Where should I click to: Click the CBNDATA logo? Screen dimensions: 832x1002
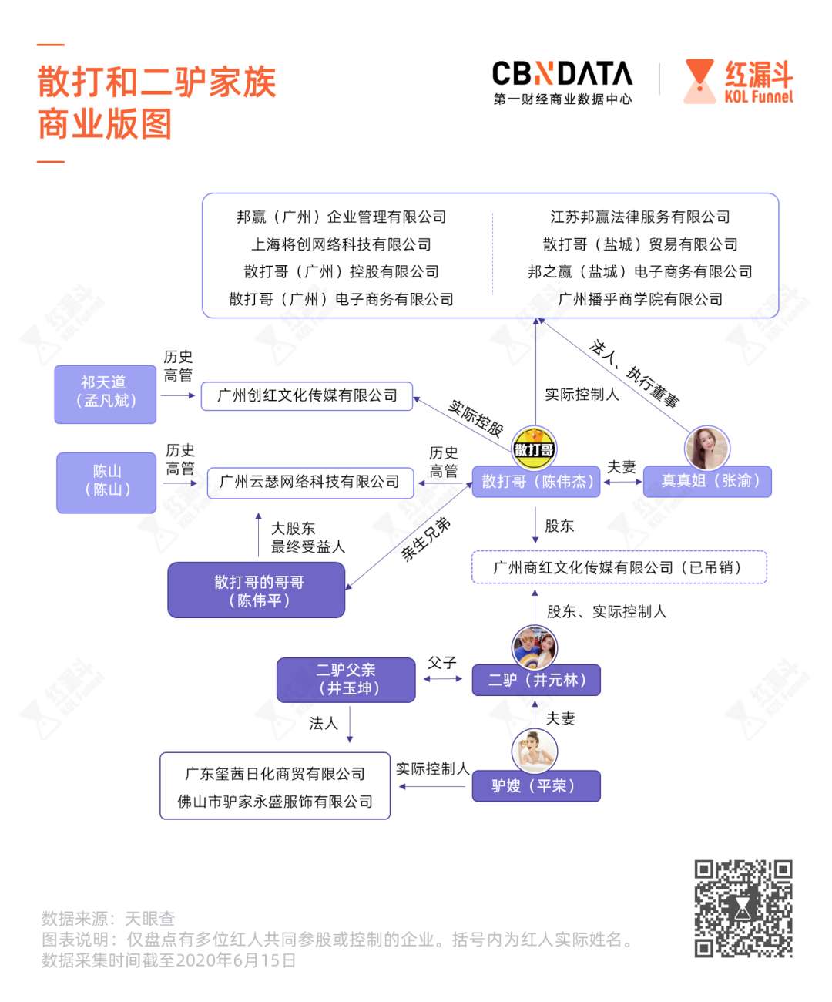click(562, 82)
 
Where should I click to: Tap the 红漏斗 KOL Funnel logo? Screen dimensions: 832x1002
click(739, 82)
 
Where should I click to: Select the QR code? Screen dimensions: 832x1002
click(743, 909)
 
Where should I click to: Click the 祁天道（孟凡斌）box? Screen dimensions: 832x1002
click(106, 394)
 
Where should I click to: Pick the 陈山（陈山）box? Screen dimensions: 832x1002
click(106, 483)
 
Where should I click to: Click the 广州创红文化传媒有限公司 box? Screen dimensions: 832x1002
click(307, 396)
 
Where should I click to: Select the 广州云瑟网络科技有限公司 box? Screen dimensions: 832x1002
click(310, 483)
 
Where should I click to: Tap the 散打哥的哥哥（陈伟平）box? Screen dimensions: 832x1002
click(257, 590)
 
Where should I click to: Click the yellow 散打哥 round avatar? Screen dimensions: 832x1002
click(534, 449)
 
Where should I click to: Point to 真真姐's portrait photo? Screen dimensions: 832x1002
click(706, 448)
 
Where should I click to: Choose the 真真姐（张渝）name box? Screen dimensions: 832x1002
click(707, 481)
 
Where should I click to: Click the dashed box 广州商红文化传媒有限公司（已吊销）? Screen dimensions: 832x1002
click(619, 567)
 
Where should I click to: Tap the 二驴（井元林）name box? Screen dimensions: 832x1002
click(536, 680)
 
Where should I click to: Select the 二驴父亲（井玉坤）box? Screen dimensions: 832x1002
click(346, 680)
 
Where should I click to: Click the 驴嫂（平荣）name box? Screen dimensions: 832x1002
click(536, 786)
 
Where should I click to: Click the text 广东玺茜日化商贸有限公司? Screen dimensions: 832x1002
click(275, 774)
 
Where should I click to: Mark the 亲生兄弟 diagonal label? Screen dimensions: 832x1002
click(425, 539)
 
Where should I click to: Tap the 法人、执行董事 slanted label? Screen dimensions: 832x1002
click(634, 373)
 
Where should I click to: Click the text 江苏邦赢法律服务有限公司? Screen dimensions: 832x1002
click(640, 217)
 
